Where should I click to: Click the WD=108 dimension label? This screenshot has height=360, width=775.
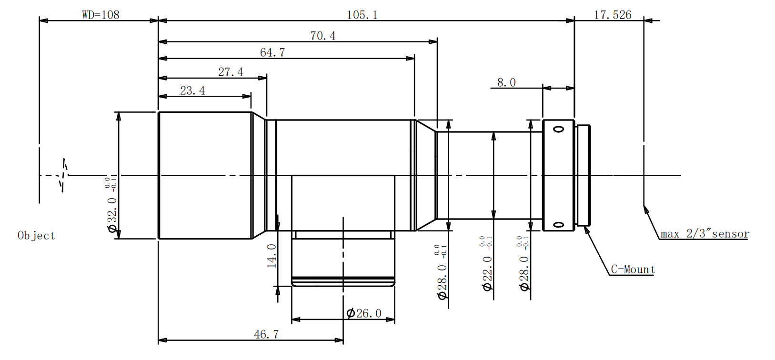(101, 15)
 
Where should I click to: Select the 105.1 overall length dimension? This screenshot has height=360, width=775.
(362, 15)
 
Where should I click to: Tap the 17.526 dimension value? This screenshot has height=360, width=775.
(613, 15)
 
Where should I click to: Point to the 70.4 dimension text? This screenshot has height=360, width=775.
(323, 36)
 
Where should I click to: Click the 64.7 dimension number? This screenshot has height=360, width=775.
(272, 52)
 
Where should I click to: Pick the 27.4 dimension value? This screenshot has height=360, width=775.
(231, 72)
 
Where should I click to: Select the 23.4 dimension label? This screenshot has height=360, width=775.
(192, 90)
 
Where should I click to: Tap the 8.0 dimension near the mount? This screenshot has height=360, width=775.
(506, 82)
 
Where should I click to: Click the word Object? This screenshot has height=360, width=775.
(36, 236)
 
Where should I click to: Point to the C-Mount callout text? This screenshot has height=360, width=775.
(633, 270)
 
